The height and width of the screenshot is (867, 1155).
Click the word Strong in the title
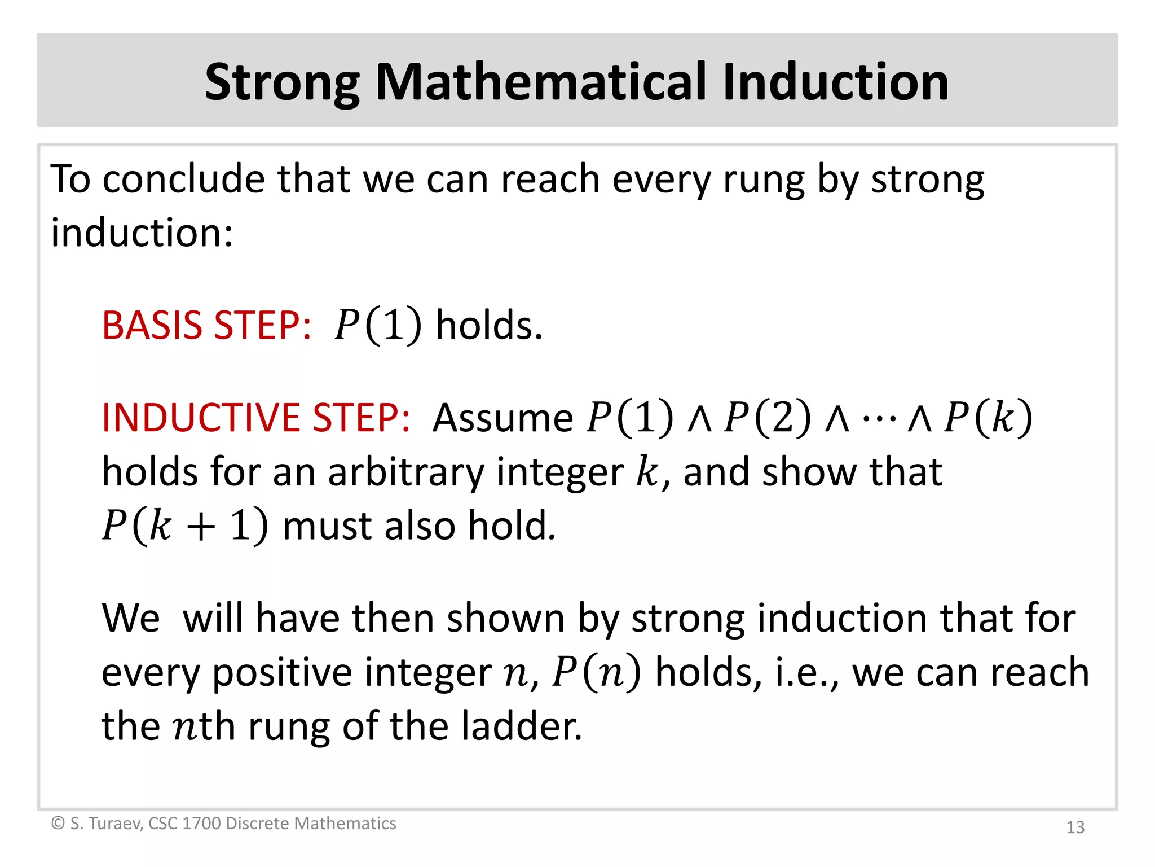point(282,82)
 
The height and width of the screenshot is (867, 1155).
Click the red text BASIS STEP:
point(206,326)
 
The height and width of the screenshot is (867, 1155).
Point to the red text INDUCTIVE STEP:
point(256,418)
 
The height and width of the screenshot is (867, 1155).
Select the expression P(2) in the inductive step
point(768,418)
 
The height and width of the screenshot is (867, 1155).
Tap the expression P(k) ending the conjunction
point(988,418)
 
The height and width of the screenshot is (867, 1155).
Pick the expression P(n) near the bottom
point(596,673)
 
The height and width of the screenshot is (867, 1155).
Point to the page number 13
point(1075,827)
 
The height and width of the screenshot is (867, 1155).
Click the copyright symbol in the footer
point(58,824)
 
